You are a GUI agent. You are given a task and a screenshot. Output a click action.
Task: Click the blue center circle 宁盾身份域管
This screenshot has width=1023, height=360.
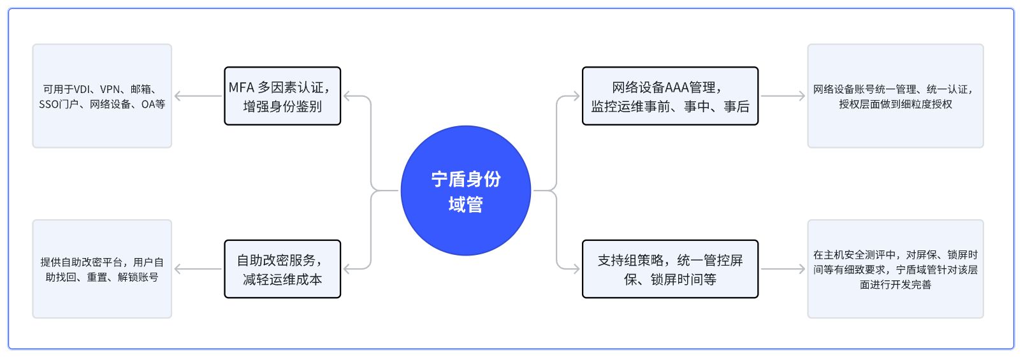click(465, 191)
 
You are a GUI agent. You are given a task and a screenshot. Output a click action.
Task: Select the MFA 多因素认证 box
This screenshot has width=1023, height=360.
click(282, 96)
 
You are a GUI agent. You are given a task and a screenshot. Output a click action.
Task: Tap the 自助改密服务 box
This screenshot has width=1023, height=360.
click(282, 269)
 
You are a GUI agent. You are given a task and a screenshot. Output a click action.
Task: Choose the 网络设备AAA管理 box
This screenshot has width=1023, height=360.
click(670, 96)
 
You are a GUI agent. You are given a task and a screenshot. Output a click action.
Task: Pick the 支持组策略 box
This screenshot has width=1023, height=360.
click(670, 269)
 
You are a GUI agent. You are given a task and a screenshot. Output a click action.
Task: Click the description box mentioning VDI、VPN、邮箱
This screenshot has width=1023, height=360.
click(102, 96)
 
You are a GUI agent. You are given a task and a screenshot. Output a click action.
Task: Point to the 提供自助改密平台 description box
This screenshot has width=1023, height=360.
click(102, 269)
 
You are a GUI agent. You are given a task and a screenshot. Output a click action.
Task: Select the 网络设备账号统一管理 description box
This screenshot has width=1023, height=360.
click(895, 96)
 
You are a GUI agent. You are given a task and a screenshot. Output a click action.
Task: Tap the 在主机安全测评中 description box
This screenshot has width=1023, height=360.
click(895, 269)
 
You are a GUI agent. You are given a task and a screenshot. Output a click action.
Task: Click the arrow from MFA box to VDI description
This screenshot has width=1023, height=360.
click(198, 96)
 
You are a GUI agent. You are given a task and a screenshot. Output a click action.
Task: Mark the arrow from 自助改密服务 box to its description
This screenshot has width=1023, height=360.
click(198, 269)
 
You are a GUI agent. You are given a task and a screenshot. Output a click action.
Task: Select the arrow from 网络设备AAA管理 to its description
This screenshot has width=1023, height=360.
click(783, 96)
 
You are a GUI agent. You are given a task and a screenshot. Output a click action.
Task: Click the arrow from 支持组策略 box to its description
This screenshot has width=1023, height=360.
click(783, 269)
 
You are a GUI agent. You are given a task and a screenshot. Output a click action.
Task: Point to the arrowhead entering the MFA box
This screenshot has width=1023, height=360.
click(347, 96)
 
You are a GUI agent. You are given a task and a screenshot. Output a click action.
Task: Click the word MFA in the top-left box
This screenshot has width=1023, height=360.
click(242, 88)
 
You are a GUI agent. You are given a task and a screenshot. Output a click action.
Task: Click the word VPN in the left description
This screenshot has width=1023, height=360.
click(110, 89)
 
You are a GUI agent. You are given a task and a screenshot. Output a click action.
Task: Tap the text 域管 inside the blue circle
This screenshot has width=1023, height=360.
click(465, 205)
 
